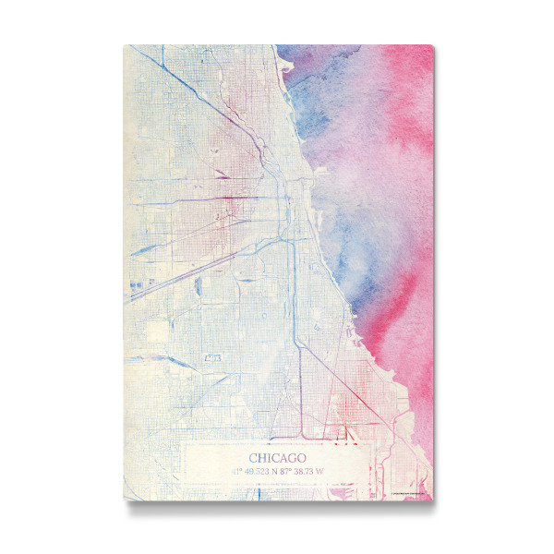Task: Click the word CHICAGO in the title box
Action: pos(278,457)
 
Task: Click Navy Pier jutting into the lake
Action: pos(315,192)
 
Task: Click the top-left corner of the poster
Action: pos(124,44)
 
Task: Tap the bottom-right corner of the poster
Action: pos(432,501)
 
